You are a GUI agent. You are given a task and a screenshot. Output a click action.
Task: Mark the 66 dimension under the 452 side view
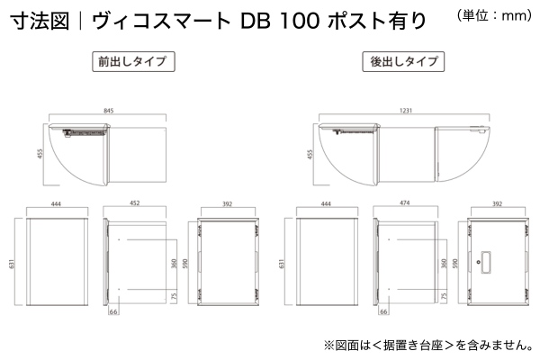[x=113, y=314]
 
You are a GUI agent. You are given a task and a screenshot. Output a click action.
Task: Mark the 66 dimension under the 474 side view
[x=383, y=314]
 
